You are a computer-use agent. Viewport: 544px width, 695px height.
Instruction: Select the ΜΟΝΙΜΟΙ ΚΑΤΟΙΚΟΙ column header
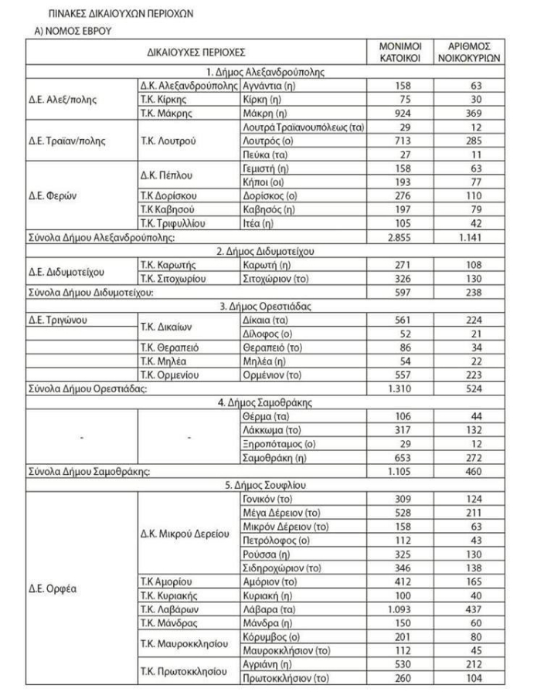tap(399, 53)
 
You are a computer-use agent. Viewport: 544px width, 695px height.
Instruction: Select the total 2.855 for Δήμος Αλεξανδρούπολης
tap(400, 236)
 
